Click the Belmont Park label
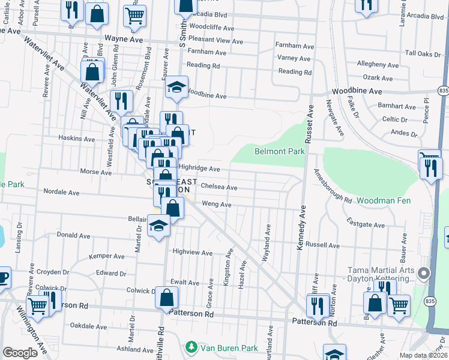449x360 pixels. pyautogui.click(x=279, y=151)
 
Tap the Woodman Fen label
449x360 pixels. pyautogui.click(x=384, y=199)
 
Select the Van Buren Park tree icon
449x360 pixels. pyautogui.click(x=191, y=347)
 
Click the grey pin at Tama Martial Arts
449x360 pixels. pyautogui.click(x=424, y=275)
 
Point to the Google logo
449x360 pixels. pyautogui.click(x=20, y=353)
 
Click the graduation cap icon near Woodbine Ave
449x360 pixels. pyautogui.click(x=177, y=86)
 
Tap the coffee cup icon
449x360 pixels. pyautogui.click(x=2, y=277)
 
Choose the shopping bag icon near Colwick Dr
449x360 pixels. pyautogui.click(x=166, y=296)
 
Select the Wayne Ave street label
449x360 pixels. pyautogui.click(x=124, y=39)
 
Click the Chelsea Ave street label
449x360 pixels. pyautogui.click(x=219, y=187)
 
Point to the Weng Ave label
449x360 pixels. pyautogui.click(x=217, y=205)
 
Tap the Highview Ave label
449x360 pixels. pyautogui.click(x=193, y=253)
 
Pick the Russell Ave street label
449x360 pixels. pyautogui.click(x=322, y=245)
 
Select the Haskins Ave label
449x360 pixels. pyautogui.click(x=77, y=139)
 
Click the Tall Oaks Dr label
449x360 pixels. pyautogui.click(x=423, y=53)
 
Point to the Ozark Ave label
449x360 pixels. pyautogui.click(x=377, y=77)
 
